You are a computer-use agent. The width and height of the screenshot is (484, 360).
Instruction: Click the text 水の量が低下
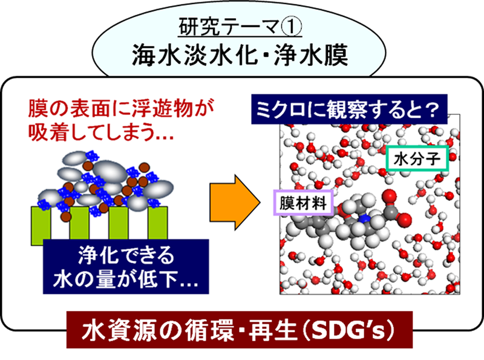[121, 280]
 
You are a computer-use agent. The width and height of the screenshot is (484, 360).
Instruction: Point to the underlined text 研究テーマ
[231, 27]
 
